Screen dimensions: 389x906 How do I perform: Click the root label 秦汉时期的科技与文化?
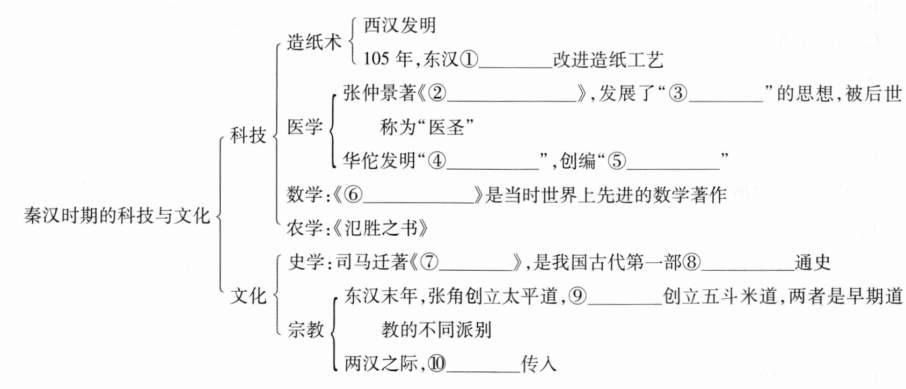pos(117,215)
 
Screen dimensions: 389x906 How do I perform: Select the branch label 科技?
pos(248,135)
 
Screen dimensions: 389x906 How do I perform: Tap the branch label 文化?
pos(248,295)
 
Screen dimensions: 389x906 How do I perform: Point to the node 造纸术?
pos(314,42)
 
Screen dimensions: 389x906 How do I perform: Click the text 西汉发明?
pos(400,25)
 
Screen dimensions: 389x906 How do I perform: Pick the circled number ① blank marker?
pos(469,59)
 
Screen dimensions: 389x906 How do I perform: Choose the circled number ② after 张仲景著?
pos(437,93)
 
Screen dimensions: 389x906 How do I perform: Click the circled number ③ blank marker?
pos(678,93)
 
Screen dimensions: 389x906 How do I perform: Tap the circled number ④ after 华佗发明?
pos(437,160)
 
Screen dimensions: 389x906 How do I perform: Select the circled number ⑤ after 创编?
pos(617,160)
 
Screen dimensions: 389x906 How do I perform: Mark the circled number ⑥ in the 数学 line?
pos(353,195)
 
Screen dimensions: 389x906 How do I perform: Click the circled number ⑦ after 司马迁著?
pos(429,262)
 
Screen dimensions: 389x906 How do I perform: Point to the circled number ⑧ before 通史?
pos(692,262)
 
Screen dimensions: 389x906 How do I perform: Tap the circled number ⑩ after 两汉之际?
pos(437,364)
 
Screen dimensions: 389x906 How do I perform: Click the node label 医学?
pos(305,127)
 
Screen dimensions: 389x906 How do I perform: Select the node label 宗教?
pos(305,329)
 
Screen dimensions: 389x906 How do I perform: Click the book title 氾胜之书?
pos(381,228)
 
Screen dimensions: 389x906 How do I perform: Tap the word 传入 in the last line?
pos(539,364)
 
